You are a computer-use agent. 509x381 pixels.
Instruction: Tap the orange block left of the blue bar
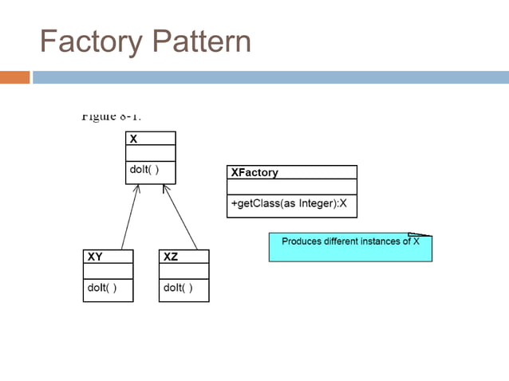coord(14,77)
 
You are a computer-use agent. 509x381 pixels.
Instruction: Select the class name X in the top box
coord(133,139)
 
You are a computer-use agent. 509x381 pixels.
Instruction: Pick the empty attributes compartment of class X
coord(150,154)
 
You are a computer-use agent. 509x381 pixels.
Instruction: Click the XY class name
coord(94,257)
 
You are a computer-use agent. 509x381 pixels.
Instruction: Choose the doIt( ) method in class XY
coord(101,288)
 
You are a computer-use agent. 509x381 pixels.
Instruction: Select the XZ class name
coord(170,257)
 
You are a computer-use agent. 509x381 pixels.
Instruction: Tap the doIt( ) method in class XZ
coord(177,288)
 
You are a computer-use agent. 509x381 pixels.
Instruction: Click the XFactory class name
coord(254,172)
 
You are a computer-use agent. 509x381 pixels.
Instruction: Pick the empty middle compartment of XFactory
coord(291,187)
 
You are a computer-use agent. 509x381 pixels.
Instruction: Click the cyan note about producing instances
coord(349,249)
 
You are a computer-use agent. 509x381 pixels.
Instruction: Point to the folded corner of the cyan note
coord(420,235)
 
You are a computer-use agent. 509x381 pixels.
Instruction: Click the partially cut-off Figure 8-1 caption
coord(111,116)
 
